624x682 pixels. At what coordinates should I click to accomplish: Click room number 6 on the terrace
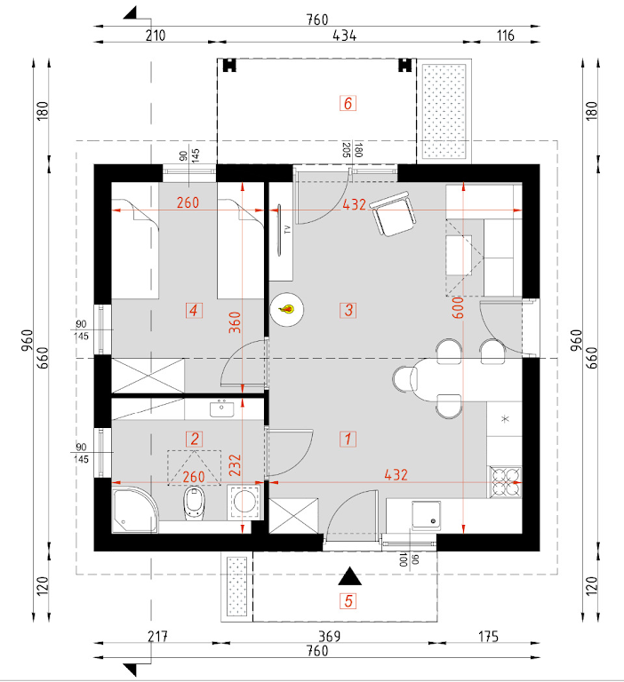348,103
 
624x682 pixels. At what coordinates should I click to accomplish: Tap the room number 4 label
193,310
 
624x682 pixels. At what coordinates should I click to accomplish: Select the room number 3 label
348,310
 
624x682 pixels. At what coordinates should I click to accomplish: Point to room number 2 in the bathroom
193,438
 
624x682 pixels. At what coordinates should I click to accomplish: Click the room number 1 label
348,438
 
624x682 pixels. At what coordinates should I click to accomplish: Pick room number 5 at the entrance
348,601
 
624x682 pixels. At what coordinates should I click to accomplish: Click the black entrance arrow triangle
348,576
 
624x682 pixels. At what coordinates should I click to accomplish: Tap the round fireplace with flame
286,309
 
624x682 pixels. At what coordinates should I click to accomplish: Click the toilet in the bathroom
193,506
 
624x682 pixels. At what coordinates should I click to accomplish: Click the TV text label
287,229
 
